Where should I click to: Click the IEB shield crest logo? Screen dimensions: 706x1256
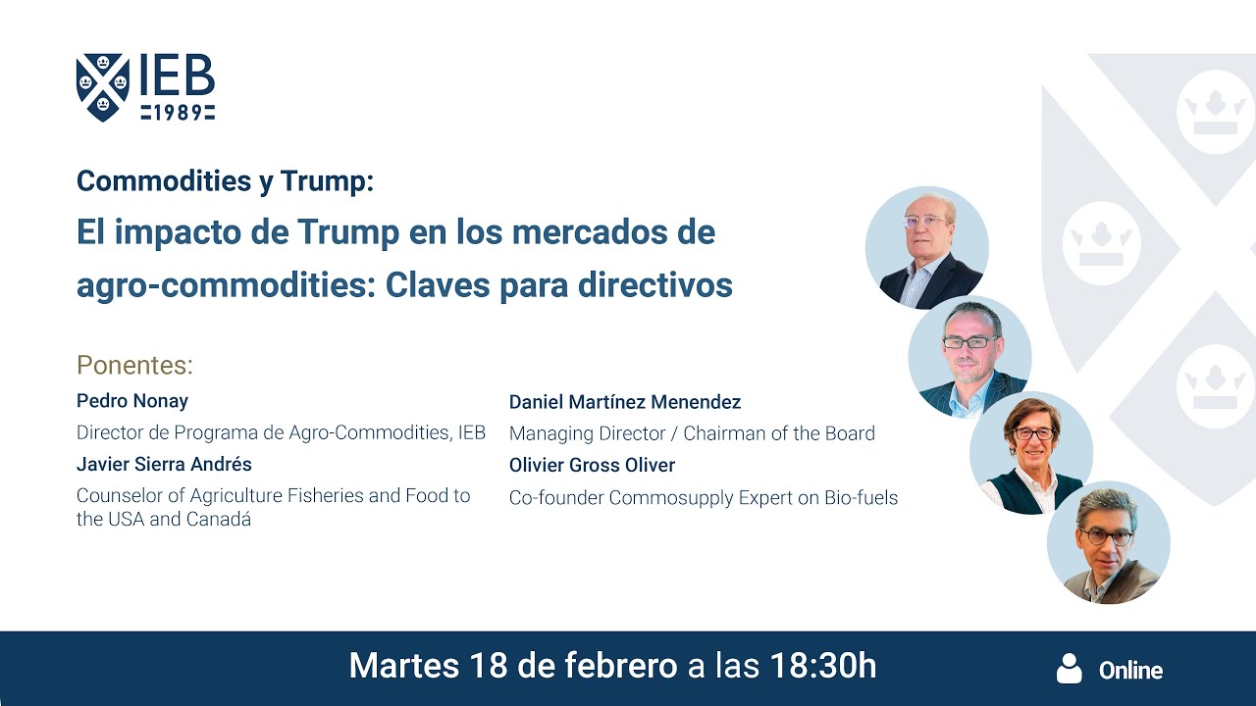(x=102, y=87)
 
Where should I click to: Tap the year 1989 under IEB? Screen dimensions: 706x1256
(x=178, y=113)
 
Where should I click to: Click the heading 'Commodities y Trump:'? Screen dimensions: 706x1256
(x=225, y=181)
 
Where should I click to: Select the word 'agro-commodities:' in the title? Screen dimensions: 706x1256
(x=227, y=284)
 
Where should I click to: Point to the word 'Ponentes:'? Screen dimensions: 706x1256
(x=134, y=365)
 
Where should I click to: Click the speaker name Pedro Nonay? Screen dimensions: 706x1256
(x=132, y=401)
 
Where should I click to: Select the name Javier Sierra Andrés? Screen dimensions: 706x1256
(x=164, y=464)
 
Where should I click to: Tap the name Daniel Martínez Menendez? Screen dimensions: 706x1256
(x=625, y=402)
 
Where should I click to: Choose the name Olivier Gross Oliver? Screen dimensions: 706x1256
(x=592, y=465)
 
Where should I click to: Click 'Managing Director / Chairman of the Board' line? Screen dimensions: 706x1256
(x=692, y=433)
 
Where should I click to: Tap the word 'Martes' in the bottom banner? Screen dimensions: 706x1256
(x=403, y=667)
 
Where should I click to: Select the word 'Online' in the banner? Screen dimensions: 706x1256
(x=1130, y=671)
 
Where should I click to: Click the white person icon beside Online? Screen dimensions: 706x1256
(x=1069, y=669)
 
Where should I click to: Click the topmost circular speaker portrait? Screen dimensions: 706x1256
(x=926, y=247)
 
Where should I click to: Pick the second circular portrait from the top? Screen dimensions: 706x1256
(x=969, y=357)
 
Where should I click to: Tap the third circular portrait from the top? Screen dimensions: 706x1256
(x=1030, y=452)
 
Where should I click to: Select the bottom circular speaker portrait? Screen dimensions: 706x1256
(x=1108, y=542)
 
